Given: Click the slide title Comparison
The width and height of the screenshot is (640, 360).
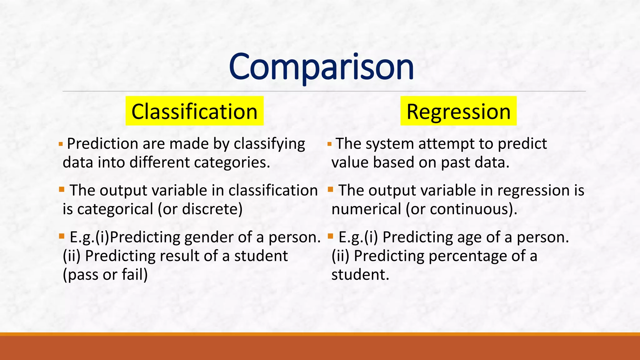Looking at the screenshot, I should click(321, 67).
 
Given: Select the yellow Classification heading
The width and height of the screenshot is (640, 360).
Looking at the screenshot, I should click(194, 112).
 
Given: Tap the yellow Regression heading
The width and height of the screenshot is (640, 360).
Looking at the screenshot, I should click(458, 112).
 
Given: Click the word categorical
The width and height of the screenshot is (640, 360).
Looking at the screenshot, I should click(115, 209).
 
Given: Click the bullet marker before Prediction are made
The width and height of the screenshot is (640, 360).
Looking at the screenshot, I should click(61, 144).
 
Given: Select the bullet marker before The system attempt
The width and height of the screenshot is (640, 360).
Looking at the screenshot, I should click(329, 144).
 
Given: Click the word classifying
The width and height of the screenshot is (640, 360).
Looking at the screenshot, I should click(269, 144).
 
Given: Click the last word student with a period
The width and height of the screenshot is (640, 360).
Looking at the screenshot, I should click(360, 275).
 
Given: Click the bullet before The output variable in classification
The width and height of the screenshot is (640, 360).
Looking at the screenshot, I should click(62, 189).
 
